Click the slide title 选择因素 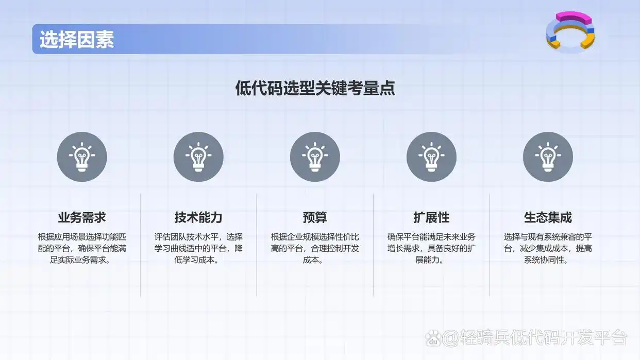tap(77, 40)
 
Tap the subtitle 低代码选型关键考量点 tap(315, 88)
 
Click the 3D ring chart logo tap(570, 32)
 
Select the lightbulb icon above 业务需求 tap(82, 157)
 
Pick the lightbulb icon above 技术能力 tap(198, 157)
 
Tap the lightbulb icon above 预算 tap(315, 157)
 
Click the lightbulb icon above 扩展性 tap(431, 157)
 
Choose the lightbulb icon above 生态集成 tap(548, 157)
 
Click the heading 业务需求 tap(82, 217)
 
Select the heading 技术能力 tap(198, 217)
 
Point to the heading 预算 tap(315, 217)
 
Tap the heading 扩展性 tap(431, 217)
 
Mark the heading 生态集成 tap(548, 217)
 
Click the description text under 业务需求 tap(82, 248)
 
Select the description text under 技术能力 tap(198, 248)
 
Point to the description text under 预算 tap(315, 248)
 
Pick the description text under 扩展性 tap(431, 248)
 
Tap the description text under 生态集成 tap(548, 248)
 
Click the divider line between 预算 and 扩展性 tap(373, 245)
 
